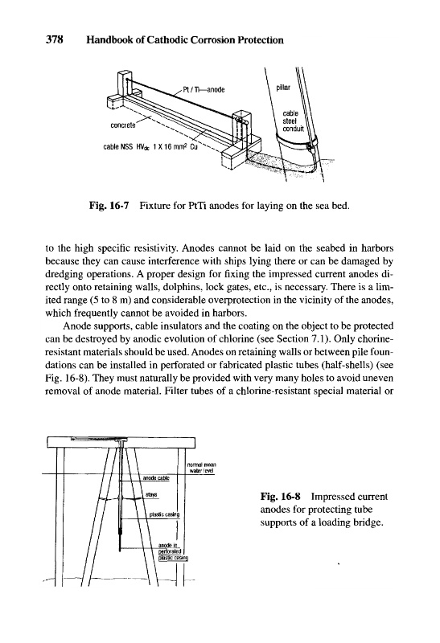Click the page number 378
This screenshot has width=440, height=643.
(54, 40)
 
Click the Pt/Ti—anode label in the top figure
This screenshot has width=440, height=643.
(204, 90)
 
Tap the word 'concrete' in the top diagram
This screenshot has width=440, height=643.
(123, 125)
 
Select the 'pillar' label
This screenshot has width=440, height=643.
(283, 88)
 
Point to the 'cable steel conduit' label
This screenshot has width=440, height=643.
(293, 121)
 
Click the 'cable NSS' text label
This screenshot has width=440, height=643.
(116, 146)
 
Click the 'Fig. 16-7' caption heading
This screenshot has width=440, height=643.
(109, 206)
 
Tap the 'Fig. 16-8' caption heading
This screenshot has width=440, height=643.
(281, 497)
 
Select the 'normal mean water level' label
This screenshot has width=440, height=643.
(201, 468)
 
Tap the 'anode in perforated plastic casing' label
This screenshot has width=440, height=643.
(173, 551)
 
